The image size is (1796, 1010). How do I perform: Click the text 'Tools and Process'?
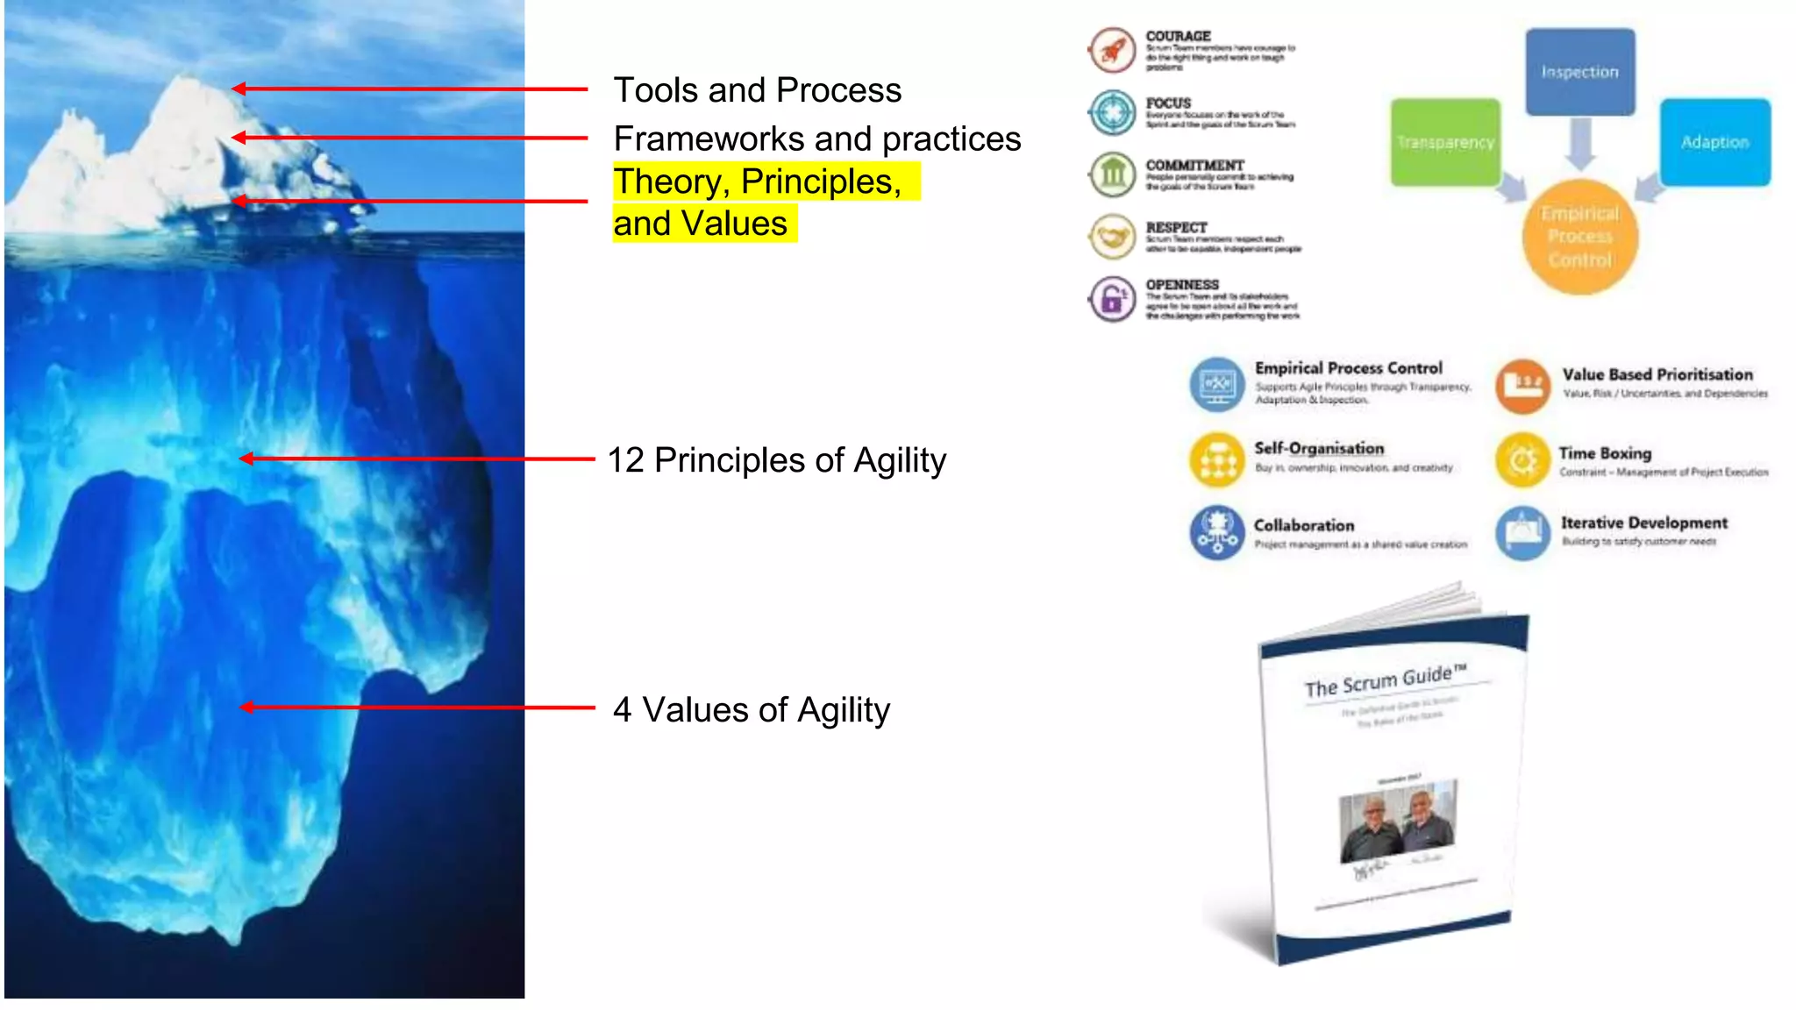pyautogui.click(x=757, y=90)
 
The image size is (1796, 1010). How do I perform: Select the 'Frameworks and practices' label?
pyautogui.click(x=816, y=139)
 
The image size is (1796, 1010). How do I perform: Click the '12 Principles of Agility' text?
pyautogui.click(x=776, y=460)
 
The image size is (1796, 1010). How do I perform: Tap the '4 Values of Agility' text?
pyautogui.click(x=751, y=710)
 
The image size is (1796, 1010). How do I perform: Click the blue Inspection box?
pyautogui.click(x=1579, y=72)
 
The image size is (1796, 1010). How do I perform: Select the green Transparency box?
pyautogui.click(x=1445, y=142)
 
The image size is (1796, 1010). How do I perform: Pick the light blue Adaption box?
pyautogui.click(x=1714, y=142)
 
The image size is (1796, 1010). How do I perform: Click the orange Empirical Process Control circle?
pyautogui.click(x=1579, y=237)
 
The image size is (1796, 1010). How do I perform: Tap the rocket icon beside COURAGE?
pyautogui.click(x=1112, y=50)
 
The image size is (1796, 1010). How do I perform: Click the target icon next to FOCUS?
pyautogui.click(x=1112, y=112)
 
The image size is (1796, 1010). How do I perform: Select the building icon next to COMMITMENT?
pyautogui.click(x=1112, y=174)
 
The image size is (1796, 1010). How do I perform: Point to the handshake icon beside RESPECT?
pyautogui.click(x=1112, y=237)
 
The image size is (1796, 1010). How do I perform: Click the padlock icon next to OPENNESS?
pyautogui.click(x=1112, y=299)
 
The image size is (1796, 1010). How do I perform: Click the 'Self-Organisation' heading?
pyautogui.click(x=1319, y=448)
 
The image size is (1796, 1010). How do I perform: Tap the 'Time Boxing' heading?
pyautogui.click(x=1605, y=453)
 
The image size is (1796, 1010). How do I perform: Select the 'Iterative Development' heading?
pyautogui.click(x=1643, y=523)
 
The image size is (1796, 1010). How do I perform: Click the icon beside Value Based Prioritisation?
pyautogui.click(x=1523, y=385)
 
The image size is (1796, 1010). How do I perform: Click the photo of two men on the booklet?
pyautogui.click(x=1398, y=821)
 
